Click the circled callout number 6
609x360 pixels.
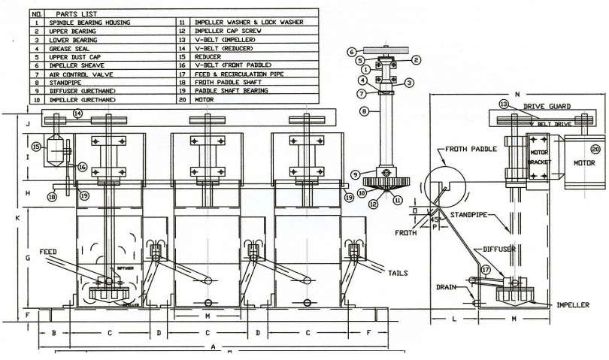click(x=351, y=52)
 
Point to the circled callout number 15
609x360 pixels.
click(x=35, y=147)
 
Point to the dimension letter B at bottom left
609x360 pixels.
click(x=53, y=331)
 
